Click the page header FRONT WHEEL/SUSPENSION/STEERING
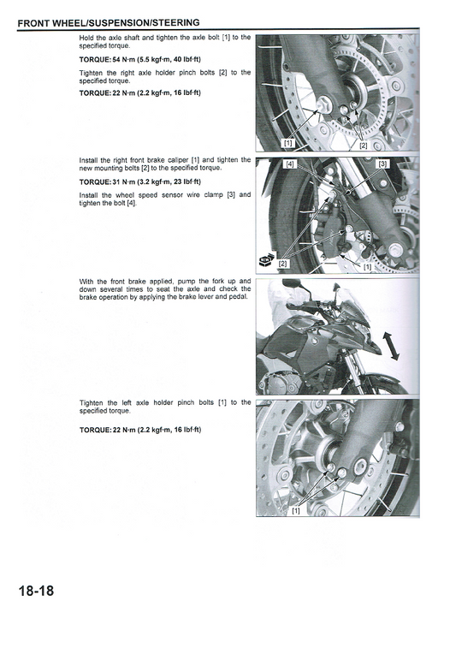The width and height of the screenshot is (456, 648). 109,22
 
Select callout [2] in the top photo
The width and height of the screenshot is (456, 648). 363,146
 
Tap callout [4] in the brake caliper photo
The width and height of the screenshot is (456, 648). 290,163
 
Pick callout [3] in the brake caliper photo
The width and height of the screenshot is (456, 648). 382,163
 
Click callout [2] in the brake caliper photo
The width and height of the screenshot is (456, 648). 283,263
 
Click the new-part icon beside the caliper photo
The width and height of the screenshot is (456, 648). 264,260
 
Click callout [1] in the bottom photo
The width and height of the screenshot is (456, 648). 295,511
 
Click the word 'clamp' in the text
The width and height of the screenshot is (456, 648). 201,195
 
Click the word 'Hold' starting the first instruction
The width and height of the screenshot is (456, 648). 87,38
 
